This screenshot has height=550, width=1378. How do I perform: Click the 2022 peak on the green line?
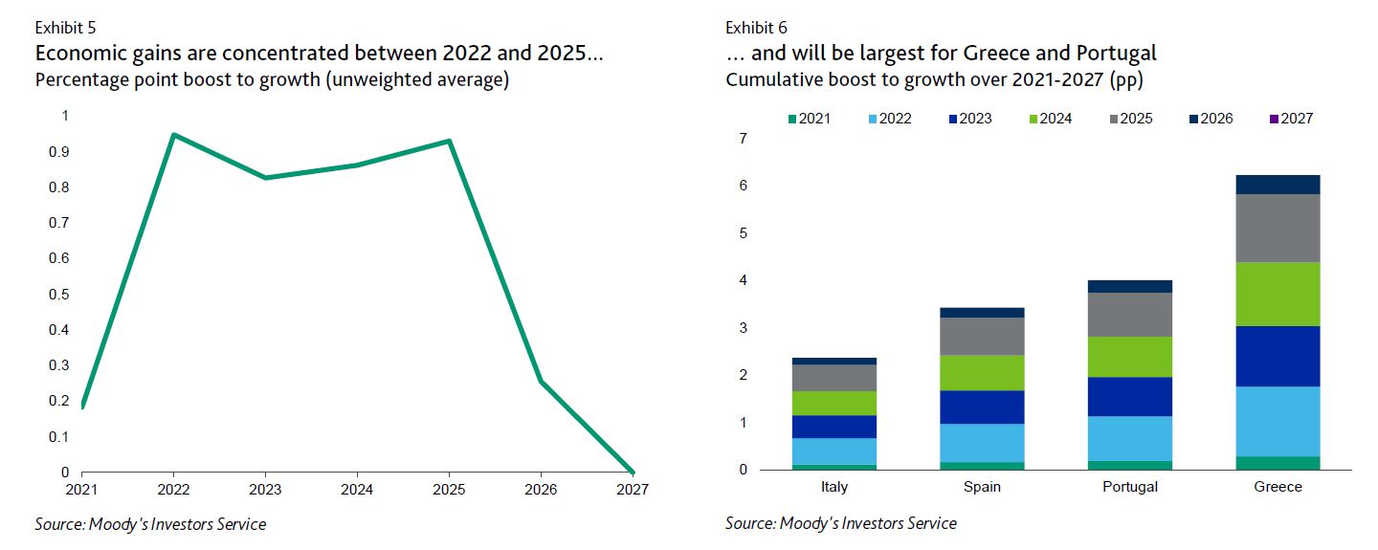pyautogui.click(x=174, y=135)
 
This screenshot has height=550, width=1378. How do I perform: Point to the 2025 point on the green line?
pyautogui.click(x=450, y=142)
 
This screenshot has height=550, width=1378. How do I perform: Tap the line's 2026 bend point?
pyautogui.click(x=541, y=382)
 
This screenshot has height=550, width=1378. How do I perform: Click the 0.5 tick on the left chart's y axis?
pyautogui.click(x=59, y=294)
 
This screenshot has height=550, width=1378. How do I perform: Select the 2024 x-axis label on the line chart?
pyautogui.click(x=357, y=490)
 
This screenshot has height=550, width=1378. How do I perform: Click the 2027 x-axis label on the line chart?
pyautogui.click(x=633, y=490)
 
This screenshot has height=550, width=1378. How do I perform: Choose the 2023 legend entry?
pyautogui.click(x=970, y=119)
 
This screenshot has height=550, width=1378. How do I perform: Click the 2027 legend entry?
pyautogui.click(x=1291, y=119)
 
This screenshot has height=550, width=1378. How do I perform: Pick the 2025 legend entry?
pyautogui.click(x=1131, y=119)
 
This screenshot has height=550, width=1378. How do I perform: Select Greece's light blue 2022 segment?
pyautogui.click(x=1278, y=422)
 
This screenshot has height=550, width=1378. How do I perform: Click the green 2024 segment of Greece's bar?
pyautogui.click(x=1278, y=294)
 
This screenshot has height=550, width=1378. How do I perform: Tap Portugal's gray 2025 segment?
pyautogui.click(x=1129, y=315)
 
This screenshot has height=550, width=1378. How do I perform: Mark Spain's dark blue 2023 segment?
pyautogui.click(x=982, y=407)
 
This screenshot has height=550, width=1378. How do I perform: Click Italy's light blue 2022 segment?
pyautogui.click(x=834, y=451)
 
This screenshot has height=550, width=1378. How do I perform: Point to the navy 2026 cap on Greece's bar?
pyautogui.click(x=1278, y=185)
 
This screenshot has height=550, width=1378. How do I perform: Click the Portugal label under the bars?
pyautogui.click(x=1129, y=487)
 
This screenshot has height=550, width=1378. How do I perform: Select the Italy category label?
pyautogui.click(x=834, y=487)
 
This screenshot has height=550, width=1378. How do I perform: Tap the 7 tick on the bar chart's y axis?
pyautogui.click(x=744, y=139)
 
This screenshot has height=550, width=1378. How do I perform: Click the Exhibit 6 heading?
pyautogui.click(x=756, y=28)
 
